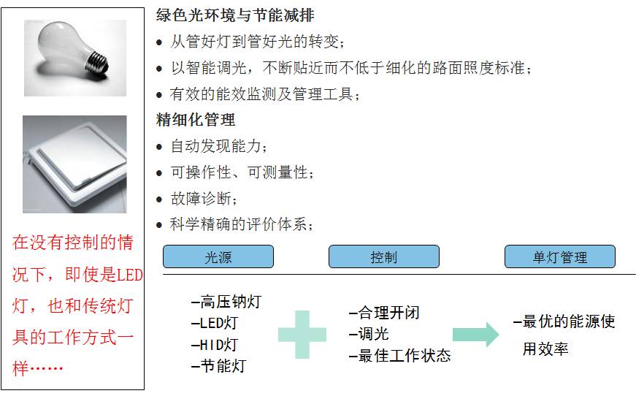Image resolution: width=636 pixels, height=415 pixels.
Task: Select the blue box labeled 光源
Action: pos(218,256)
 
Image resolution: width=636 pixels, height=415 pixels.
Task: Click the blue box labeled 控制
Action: pos(383,256)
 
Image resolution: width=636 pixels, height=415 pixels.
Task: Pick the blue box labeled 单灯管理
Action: pos(559,256)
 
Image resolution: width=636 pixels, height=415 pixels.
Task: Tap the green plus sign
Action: pos(302,335)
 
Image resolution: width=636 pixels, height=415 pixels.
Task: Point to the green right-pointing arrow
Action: pos(475,335)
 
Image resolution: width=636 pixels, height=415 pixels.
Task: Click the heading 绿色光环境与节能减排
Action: pos(235,15)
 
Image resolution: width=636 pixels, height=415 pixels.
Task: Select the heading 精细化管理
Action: pos(196,120)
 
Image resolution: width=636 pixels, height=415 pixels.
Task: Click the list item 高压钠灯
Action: pos(226,302)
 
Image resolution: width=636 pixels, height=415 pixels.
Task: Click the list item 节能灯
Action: pos(219,366)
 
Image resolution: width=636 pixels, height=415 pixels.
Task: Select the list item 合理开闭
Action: pos(384,313)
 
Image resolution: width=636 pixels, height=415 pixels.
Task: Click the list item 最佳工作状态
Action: pos(399,356)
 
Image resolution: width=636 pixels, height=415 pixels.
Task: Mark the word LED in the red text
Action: pos(131,275)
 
